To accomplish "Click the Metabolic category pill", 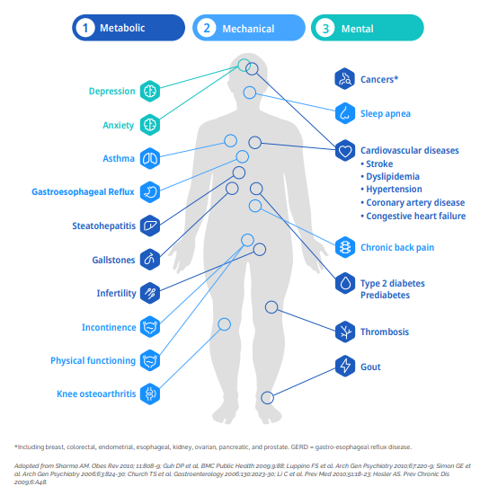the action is (x=129, y=28).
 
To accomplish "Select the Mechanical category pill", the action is (x=249, y=28).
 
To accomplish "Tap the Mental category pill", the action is (x=368, y=28).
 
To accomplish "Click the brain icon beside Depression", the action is (x=150, y=91).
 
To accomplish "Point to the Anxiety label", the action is (x=119, y=125).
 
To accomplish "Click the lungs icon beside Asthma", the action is (x=150, y=158).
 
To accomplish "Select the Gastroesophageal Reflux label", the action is (x=83, y=192).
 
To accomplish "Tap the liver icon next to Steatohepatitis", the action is (x=150, y=225).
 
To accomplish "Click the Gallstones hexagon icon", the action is (x=150, y=260).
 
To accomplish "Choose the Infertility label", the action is (x=117, y=293).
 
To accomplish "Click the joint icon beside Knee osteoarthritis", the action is (x=150, y=393).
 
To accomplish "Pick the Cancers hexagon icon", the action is (x=345, y=79).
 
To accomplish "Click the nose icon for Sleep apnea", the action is (x=345, y=113).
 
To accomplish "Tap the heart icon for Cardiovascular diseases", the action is (x=345, y=150).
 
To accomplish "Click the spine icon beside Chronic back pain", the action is (x=345, y=247).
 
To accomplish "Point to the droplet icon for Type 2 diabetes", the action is (x=345, y=284).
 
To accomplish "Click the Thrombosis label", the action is (x=385, y=332).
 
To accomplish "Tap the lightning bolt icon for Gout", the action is (x=345, y=366).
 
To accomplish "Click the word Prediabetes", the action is (x=385, y=295).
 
